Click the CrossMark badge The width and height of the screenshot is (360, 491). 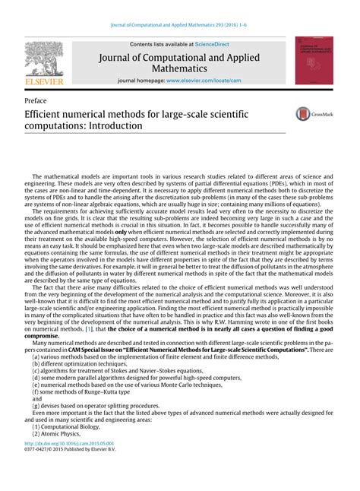point(314,114)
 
